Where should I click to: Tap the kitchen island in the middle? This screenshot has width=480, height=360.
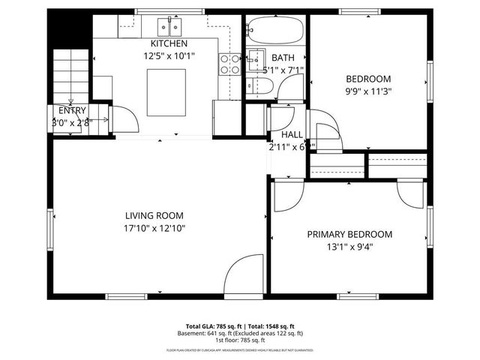click(x=166, y=89)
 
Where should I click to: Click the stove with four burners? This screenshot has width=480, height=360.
click(x=229, y=64)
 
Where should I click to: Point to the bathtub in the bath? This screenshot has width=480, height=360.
click(x=275, y=30)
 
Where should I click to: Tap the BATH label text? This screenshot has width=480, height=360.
click(x=283, y=58)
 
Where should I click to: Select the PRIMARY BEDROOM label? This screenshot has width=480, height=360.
click(x=349, y=234)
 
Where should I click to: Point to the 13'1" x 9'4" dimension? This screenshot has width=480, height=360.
click(x=349, y=247)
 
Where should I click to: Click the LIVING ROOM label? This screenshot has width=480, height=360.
click(x=154, y=215)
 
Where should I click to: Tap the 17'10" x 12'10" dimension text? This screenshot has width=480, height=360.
click(x=154, y=228)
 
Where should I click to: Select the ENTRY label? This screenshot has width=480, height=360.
click(x=71, y=110)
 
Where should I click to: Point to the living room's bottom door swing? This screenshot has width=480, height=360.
click(x=243, y=274)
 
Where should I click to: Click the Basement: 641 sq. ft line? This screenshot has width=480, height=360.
click(x=240, y=333)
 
